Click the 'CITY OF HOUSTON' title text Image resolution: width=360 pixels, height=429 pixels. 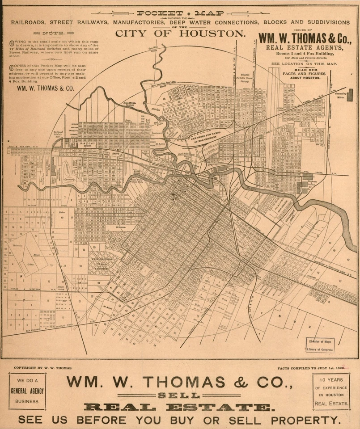180,34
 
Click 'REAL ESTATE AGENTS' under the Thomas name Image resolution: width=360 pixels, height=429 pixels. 305,47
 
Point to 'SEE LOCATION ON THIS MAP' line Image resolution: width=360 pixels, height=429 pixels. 304,64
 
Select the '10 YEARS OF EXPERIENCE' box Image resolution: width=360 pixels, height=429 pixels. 331,391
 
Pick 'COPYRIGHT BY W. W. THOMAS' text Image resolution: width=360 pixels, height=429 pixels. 43,368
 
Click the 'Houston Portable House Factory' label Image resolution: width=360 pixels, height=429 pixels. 245,79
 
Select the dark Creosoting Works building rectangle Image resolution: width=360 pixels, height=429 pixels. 350,95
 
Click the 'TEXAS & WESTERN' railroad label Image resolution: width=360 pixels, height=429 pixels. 27,289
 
